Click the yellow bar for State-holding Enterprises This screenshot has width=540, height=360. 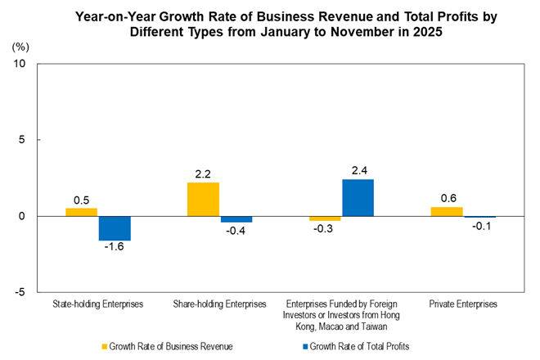[x=82, y=212]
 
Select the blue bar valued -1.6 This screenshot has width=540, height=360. [x=115, y=228]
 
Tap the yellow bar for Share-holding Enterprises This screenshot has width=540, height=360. [x=203, y=199]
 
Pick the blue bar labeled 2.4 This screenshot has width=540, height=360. [x=358, y=198]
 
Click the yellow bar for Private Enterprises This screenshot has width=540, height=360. [x=447, y=211]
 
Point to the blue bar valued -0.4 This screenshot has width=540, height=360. [x=236, y=219]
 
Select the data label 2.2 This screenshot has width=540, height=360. [x=203, y=173]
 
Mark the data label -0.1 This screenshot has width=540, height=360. [x=480, y=227]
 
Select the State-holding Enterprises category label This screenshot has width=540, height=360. [x=99, y=304]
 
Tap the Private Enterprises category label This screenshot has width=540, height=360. [x=463, y=304]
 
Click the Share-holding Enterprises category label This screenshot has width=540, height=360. [x=220, y=304]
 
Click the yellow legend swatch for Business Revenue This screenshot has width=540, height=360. [x=103, y=347]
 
